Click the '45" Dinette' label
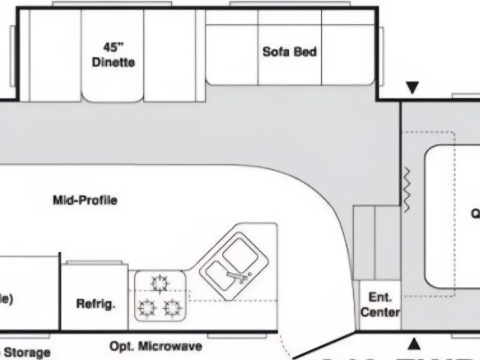tap(113, 54)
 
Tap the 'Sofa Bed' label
tap(289, 52)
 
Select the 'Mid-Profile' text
tap(85, 201)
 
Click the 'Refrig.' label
tap(96, 304)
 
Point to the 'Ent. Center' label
tap(380, 304)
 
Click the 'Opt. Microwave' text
tap(156, 346)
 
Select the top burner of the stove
tap(160, 284)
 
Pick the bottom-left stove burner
tap(147, 307)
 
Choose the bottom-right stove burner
tap(172, 307)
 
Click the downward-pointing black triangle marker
tap(412, 88)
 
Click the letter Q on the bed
tap(476, 214)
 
